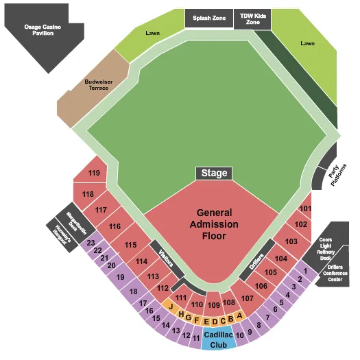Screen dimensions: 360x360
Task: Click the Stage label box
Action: (x=214, y=173)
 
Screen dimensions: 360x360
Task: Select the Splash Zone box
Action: (x=208, y=19)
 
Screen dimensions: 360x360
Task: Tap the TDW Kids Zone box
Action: (x=252, y=19)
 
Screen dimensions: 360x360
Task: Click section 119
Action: (x=94, y=172)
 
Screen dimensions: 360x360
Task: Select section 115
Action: (x=130, y=244)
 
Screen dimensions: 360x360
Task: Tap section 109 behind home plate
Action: (x=213, y=304)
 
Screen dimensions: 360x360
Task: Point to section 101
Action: (x=305, y=208)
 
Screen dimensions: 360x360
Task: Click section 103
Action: (x=291, y=241)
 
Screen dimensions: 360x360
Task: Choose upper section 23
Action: (x=91, y=243)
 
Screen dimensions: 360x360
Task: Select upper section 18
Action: (x=132, y=291)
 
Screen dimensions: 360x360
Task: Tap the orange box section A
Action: (x=239, y=316)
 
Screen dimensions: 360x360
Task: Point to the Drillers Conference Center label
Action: (x=335, y=272)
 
